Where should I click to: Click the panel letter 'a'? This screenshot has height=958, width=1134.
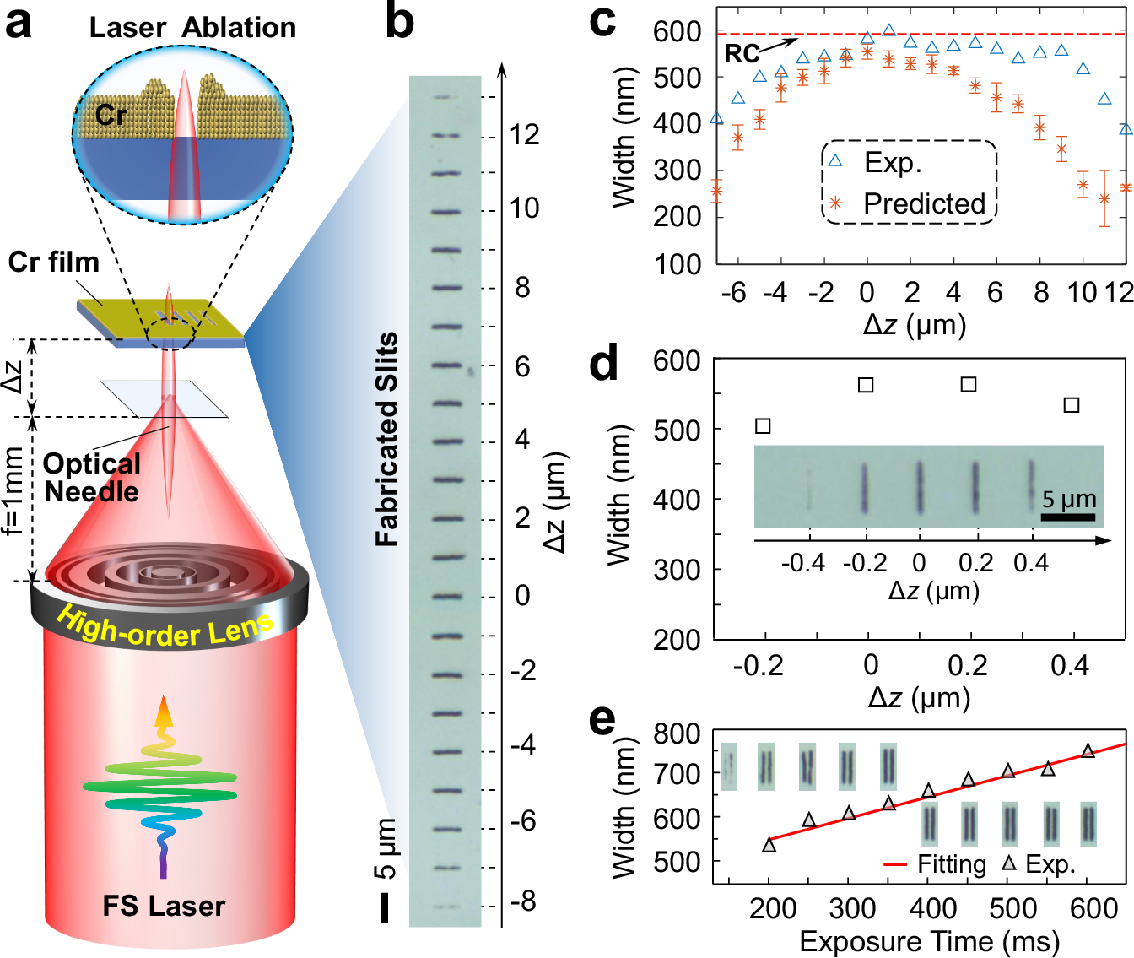coord(19,24)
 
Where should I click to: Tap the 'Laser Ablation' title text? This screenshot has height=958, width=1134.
coord(192,28)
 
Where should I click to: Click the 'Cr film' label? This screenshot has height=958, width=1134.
coord(53,263)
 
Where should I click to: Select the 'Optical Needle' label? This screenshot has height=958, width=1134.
coord(91,478)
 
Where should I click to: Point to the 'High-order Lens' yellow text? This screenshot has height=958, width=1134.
coord(165,629)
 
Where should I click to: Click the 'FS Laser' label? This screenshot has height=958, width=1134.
coord(164,907)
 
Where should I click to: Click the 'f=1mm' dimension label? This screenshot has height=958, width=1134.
coord(13,495)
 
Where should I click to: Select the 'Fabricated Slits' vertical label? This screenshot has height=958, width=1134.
coord(386,439)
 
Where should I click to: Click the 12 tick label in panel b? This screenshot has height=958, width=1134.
coord(524,135)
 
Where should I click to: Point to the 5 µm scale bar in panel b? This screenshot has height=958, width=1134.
coord(385,907)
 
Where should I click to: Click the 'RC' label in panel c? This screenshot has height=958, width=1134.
coord(742,54)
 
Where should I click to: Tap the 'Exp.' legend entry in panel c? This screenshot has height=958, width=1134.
coord(893,162)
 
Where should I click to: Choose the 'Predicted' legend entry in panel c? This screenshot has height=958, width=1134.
coord(924,203)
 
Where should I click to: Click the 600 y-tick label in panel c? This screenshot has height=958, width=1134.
coord(677,31)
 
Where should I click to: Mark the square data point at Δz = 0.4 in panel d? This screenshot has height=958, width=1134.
coord(1072,405)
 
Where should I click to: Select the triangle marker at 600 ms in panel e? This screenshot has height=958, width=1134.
coord(1088,750)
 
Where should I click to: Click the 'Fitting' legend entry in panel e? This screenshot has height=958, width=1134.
coord(951,864)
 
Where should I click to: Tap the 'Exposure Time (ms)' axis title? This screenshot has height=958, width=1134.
coord(929,941)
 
